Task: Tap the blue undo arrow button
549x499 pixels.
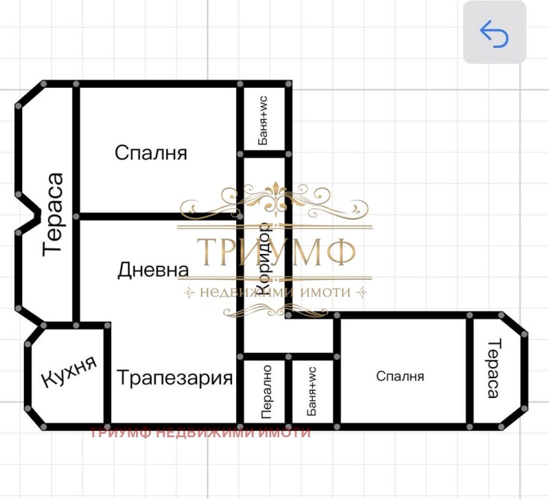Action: click(494, 33)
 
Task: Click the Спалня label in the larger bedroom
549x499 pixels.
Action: click(151, 152)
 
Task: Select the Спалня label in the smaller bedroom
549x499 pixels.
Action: click(400, 376)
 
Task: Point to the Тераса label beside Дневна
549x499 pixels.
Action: click(54, 214)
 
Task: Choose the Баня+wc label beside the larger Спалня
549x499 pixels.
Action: click(263, 120)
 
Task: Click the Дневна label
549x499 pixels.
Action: click(152, 269)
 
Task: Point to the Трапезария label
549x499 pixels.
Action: click(174, 378)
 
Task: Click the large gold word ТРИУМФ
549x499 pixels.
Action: click(277, 253)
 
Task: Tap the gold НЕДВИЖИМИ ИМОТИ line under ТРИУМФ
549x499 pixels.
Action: click(275, 292)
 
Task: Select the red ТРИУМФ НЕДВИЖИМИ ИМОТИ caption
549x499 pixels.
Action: click(200, 432)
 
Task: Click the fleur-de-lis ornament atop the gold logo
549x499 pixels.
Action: click(276, 196)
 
